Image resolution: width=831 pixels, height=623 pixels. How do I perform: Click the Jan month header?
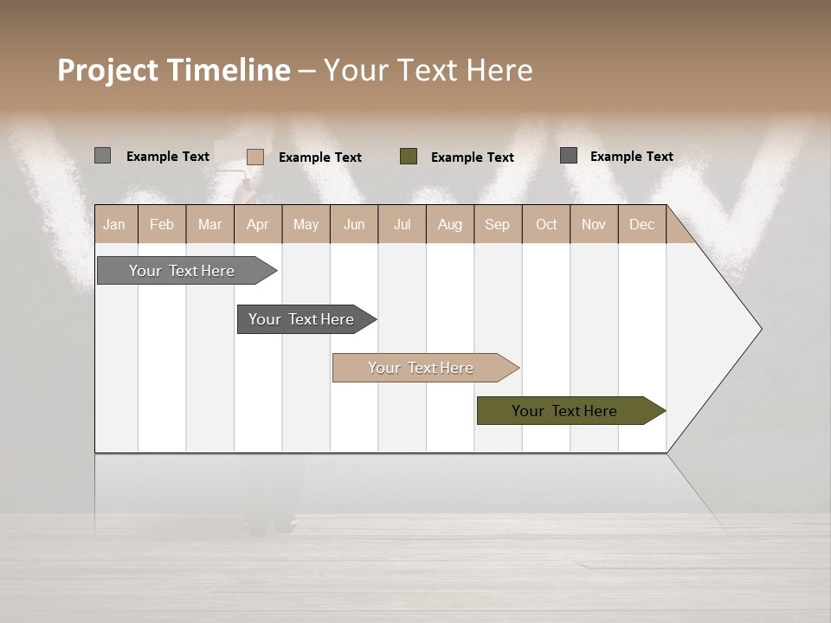pos(114,225)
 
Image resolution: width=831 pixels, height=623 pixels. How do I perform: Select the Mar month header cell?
pos(209,225)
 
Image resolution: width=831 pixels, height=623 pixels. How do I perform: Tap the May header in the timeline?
pos(306,225)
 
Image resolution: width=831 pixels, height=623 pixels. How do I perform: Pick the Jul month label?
pos(402,225)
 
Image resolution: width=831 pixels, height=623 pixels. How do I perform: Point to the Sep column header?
pos(497,225)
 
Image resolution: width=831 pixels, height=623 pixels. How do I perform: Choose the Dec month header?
pos(641,225)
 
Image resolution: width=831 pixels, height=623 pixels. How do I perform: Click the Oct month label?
pos(546,225)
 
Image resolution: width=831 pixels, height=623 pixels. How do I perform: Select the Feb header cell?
pos(162,225)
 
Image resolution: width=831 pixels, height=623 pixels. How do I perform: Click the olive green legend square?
pos(409,157)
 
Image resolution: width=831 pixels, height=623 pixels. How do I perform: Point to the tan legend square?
pos(255,157)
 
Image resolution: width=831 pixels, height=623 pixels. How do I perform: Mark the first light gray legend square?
pos(102,156)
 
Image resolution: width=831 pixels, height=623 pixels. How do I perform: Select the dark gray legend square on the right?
pos(569,156)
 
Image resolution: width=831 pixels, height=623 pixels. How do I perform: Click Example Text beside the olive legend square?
pos(472,157)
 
